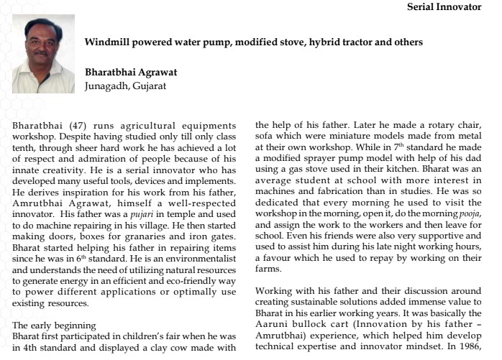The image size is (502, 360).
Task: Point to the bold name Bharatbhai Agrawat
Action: click(131, 73)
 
